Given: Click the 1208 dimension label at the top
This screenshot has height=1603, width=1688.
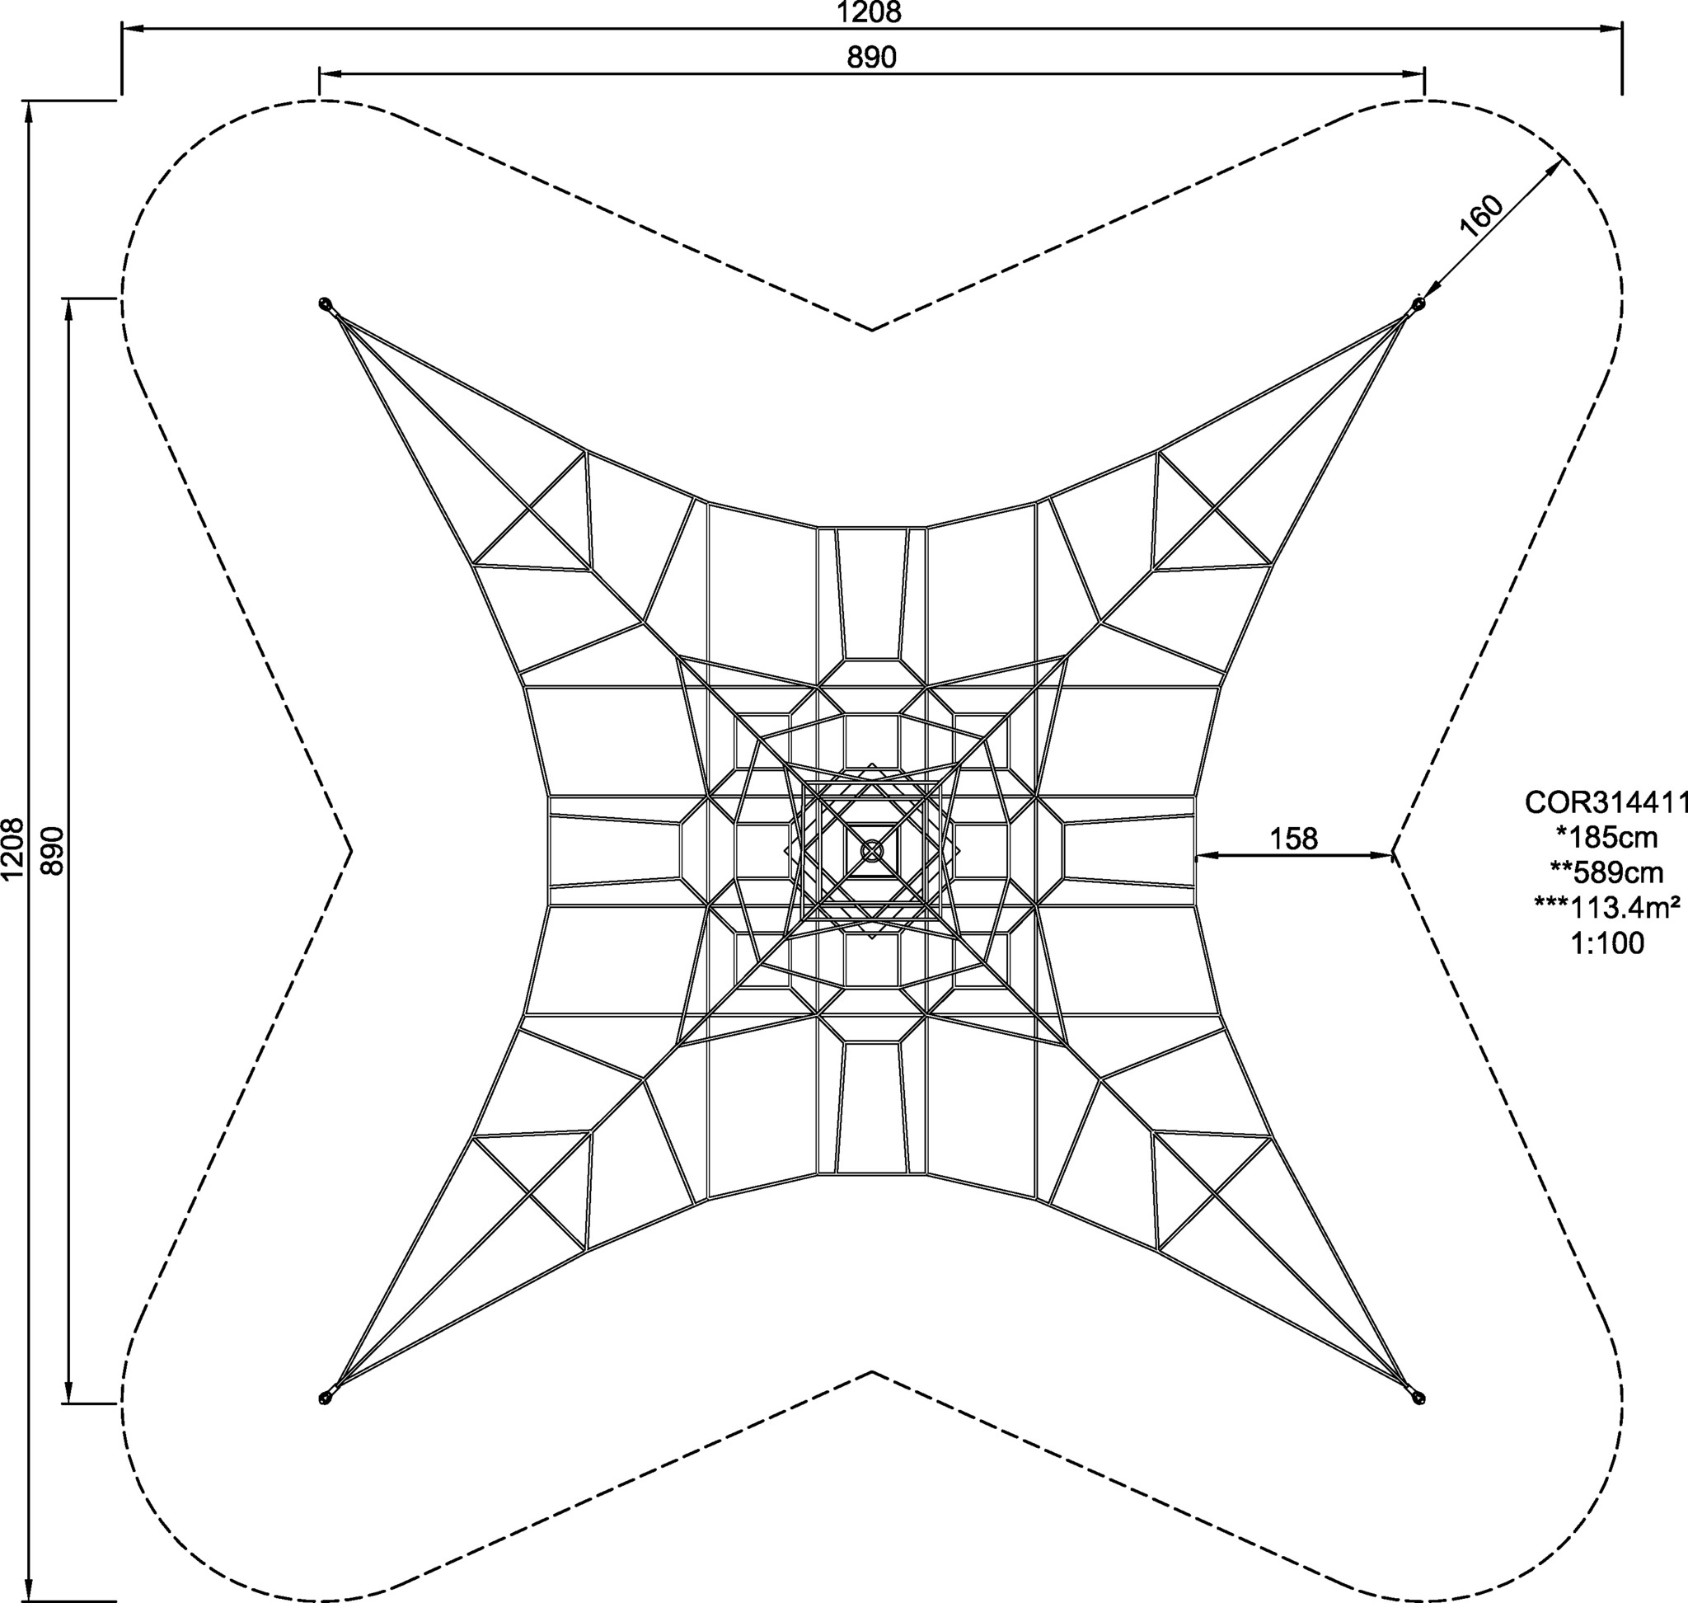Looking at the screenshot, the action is (x=870, y=12).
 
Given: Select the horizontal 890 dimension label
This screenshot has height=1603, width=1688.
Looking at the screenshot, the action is (x=871, y=57).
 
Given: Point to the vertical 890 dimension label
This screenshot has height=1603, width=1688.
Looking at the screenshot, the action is (x=53, y=850).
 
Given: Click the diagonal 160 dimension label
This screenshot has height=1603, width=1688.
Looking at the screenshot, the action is (x=1479, y=215).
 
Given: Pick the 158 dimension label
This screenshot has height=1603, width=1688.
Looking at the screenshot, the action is (x=1293, y=839).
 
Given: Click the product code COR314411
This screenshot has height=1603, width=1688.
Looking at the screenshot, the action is (x=1607, y=802).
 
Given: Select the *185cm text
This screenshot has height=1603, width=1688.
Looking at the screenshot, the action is (x=1607, y=838).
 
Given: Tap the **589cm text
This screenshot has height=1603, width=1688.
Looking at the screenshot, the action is (x=1607, y=872).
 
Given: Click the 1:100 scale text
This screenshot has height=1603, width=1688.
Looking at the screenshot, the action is (x=1607, y=943).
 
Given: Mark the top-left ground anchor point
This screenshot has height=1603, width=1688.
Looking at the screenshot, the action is (x=325, y=304).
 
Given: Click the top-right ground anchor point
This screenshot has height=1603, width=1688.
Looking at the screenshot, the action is (x=1419, y=304).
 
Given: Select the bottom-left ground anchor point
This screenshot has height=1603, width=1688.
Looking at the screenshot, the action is (x=325, y=1398).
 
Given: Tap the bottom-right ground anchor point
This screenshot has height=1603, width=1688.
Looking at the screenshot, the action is (x=1419, y=1398).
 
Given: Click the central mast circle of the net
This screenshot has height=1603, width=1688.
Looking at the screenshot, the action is (x=872, y=850).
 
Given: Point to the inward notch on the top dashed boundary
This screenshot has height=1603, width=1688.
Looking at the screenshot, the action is (x=872, y=329).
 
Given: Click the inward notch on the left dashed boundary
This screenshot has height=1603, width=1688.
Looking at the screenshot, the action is (x=351, y=850).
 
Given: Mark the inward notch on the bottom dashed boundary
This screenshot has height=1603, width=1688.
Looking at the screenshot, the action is (x=872, y=1372).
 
